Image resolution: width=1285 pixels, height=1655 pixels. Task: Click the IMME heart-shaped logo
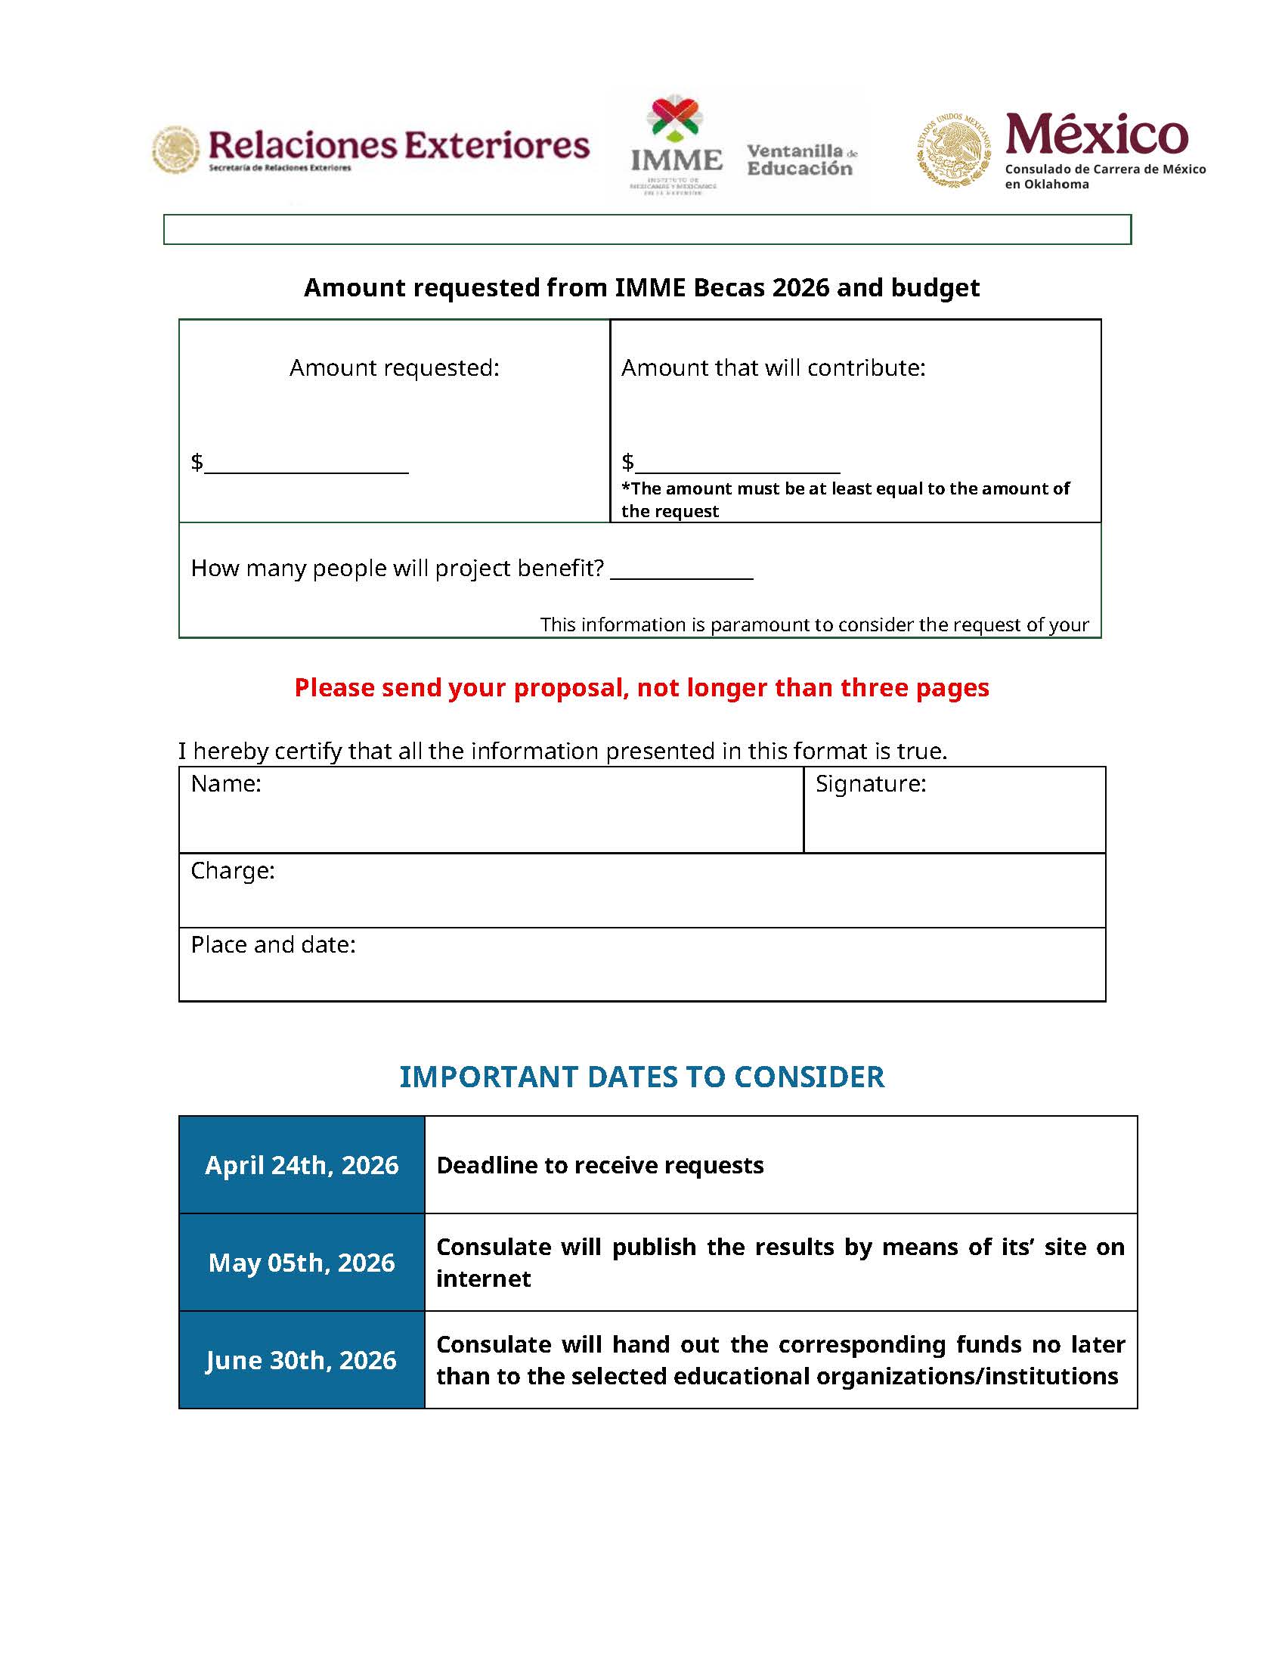coord(675,119)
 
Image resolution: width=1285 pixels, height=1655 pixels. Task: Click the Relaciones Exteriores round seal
coord(176,150)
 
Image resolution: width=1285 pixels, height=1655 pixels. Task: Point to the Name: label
coord(226,783)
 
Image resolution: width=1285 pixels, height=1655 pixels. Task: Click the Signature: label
coord(871,783)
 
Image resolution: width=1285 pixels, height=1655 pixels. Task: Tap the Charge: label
coord(233,871)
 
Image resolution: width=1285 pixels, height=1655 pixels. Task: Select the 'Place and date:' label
coord(273,945)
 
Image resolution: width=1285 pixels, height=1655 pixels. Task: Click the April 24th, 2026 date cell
coord(302,1165)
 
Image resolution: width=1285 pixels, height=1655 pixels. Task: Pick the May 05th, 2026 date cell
coord(302,1263)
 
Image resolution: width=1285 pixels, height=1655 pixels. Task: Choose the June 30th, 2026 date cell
coord(302,1360)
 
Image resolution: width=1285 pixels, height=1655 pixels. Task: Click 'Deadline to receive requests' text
coord(600,1165)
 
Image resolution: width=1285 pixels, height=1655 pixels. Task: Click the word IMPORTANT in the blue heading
coord(485,1077)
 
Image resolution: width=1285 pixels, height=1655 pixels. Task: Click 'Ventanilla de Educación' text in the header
coord(800,160)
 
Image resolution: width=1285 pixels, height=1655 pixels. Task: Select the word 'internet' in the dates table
coord(484,1279)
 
